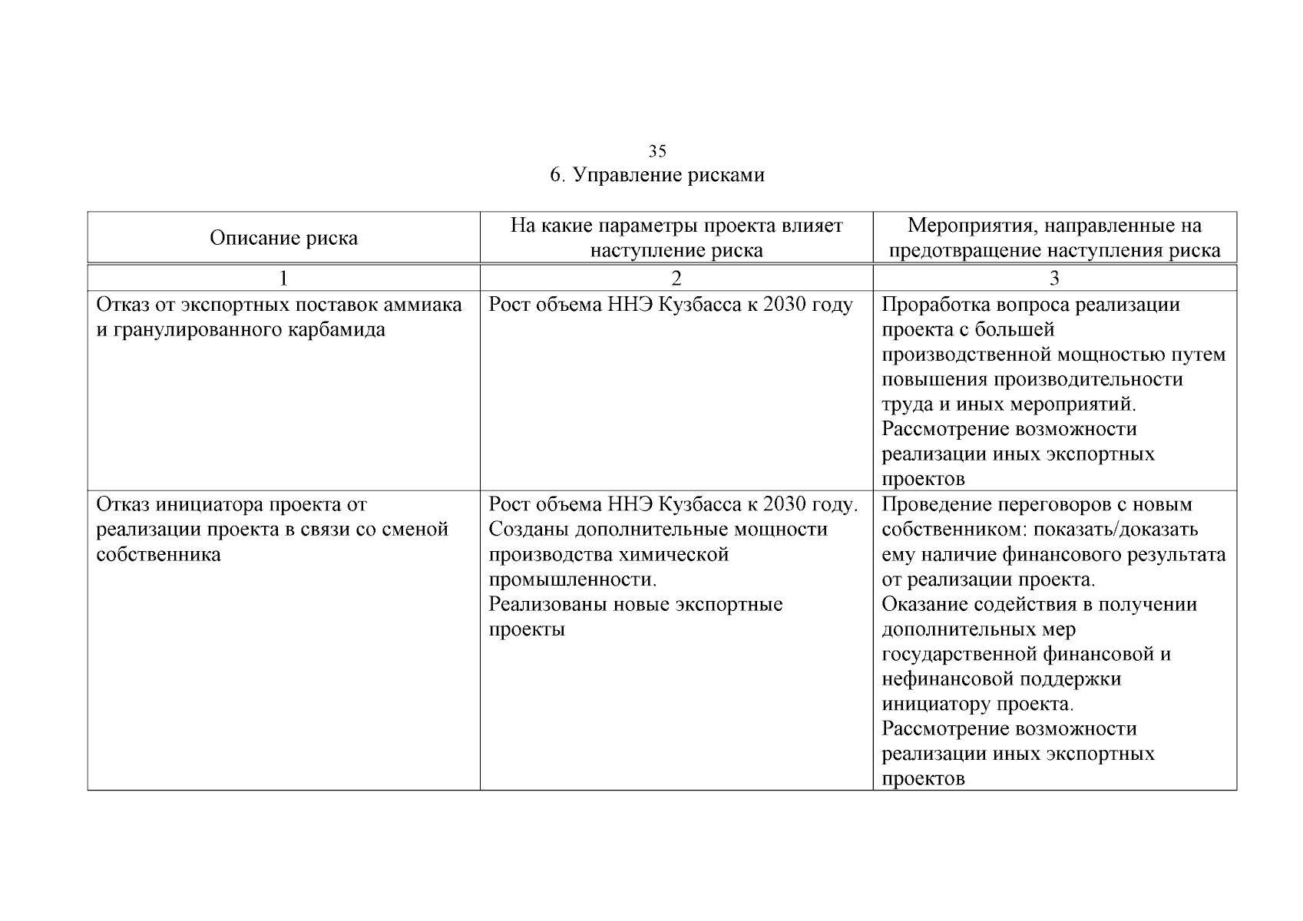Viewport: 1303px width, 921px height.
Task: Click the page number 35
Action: point(657,150)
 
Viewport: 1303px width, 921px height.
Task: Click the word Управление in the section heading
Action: point(624,175)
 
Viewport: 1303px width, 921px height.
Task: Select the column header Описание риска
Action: point(283,238)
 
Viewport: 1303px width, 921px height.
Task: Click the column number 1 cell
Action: point(283,278)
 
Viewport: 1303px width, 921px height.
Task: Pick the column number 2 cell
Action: point(676,278)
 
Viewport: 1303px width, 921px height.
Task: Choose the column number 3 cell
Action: point(1054,278)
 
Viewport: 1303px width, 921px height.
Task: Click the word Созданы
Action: point(529,530)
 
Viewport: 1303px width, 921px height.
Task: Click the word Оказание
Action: point(924,604)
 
